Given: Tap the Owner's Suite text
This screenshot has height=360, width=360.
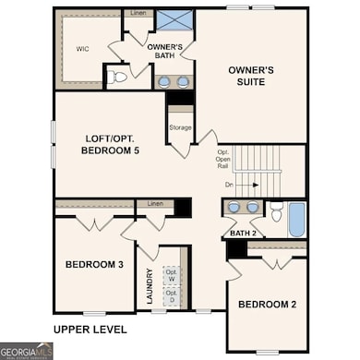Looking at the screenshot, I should pyautogui.click(x=247, y=75).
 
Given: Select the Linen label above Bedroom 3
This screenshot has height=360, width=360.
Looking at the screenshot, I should pyautogui.click(x=154, y=203).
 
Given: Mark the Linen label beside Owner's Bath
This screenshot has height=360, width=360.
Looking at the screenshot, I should pyautogui.click(x=138, y=14).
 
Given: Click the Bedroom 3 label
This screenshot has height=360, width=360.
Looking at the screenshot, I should pyautogui.click(x=94, y=265).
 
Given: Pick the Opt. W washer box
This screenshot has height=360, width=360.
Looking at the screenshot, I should pyautogui.click(x=171, y=273).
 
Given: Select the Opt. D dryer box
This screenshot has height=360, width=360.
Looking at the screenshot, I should pyautogui.click(x=171, y=295).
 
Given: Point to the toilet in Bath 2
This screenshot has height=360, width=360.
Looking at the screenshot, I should pyautogui.click(x=275, y=212).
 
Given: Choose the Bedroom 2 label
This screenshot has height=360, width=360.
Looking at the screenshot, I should pyautogui.click(x=267, y=305).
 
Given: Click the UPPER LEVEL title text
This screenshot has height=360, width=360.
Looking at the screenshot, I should pyautogui.click(x=90, y=329).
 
